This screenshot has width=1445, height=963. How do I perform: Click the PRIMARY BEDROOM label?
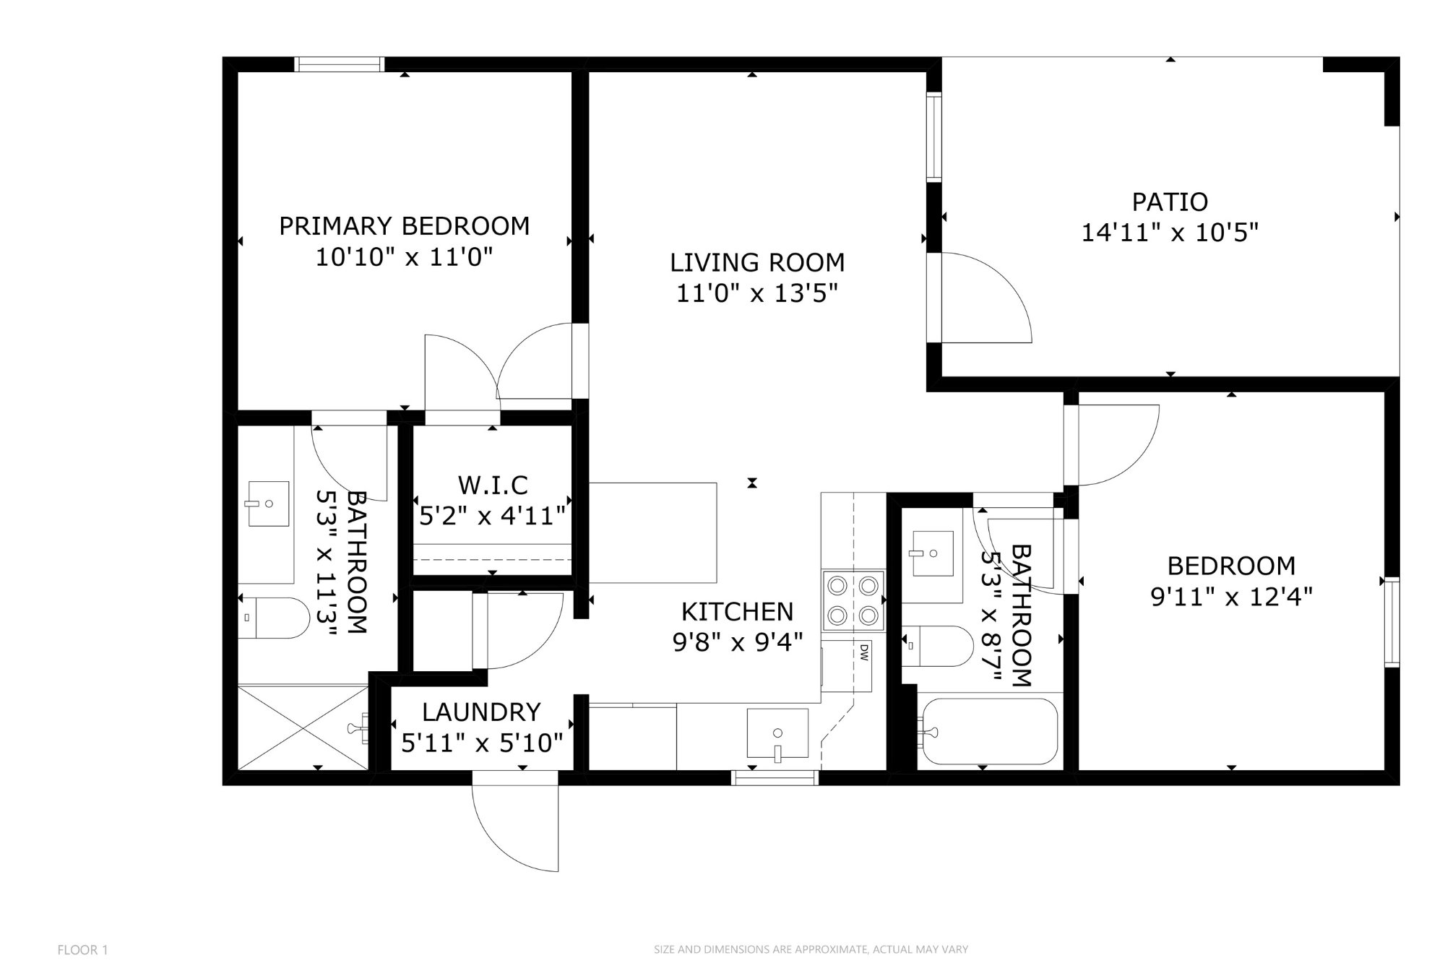(404, 226)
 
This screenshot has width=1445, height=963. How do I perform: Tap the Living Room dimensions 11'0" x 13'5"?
(756, 293)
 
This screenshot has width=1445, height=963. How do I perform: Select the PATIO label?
(1170, 202)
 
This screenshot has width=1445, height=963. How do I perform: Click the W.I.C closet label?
(493, 484)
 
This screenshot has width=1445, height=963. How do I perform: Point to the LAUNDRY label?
(481, 712)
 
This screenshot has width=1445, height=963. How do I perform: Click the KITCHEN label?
(737, 612)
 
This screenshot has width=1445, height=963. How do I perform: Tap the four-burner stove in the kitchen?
(853, 600)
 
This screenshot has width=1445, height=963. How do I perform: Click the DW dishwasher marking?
(863, 652)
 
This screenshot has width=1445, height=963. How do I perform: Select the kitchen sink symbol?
(777, 733)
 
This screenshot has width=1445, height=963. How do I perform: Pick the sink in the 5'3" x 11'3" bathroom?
(268, 504)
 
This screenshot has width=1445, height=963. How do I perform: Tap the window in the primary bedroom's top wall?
(339, 64)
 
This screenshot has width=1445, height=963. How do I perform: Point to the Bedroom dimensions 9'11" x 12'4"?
(1231, 597)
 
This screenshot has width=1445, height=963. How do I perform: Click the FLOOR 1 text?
(82, 950)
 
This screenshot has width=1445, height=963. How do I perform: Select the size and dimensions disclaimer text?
(811, 949)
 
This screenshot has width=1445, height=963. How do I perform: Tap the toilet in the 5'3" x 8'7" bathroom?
(936, 646)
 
